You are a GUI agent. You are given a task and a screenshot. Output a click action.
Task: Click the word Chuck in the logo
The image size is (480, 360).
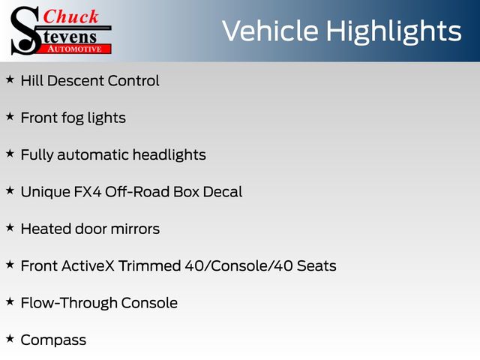point(70,16)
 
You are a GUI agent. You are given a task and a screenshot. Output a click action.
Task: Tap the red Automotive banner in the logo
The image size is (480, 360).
point(75,49)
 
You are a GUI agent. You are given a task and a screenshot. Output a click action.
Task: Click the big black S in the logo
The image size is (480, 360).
point(25,31)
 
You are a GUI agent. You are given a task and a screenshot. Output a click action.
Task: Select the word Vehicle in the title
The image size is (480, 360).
point(270,31)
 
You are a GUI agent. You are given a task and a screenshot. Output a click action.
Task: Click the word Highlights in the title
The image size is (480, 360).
point(394,31)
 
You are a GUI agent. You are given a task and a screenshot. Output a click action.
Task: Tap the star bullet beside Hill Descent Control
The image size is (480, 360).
point(10,79)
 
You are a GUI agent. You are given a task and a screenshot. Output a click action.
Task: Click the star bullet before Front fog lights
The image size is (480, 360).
point(10,116)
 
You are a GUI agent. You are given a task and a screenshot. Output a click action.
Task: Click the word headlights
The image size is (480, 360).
point(169,155)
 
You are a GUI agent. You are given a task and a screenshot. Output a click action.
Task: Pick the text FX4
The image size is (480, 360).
point(88,192)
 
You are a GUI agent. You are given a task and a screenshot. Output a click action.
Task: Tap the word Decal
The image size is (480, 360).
point(223,192)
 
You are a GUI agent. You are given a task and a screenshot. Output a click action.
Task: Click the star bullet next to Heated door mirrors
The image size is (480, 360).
point(10,227)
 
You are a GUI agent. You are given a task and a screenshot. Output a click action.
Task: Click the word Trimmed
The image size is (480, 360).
point(150,265)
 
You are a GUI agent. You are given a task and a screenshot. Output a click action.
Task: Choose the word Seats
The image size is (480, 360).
point(316,266)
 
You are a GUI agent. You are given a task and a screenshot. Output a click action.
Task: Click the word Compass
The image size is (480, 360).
point(53,340)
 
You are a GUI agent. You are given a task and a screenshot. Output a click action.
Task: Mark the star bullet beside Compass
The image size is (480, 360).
point(10,338)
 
